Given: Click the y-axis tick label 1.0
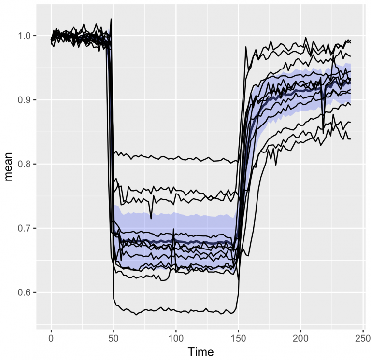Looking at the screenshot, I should click(x=25, y=36).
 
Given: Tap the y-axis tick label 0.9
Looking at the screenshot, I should click(x=25, y=100).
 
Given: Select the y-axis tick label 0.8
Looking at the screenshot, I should click(x=25, y=164).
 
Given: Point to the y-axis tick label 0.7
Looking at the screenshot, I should click(x=25, y=228).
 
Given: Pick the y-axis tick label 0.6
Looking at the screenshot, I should click(x=25, y=292).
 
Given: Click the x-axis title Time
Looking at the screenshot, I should click(x=200, y=351).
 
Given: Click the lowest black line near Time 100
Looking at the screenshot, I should click(x=176, y=311).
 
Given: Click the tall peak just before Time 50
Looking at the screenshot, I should click(x=111, y=19).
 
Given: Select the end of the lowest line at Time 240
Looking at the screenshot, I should click(x=350, y=139).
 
